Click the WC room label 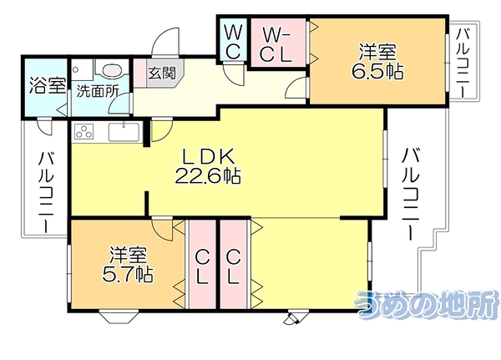click(x=233, y=42)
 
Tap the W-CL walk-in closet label click(x=276, y=44)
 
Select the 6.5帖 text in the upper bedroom click(x=377, y=72)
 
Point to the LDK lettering click(x=209, y=157)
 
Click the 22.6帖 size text click(x=208, y=175)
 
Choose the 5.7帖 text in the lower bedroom click(x=127, y=274)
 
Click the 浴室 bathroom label click(x=48, y=85)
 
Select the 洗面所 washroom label click(x=98, y=91)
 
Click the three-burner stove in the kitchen click(x=84, y=131)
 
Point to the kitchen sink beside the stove click(x=124, y=131)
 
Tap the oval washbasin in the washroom click(x=112, y=70)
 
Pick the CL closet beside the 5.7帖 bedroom click(x=202, y=265)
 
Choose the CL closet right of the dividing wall click(x=234, y=265)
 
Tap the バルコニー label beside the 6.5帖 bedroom click(x=463, y=63)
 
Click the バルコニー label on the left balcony click(x=46, y=193)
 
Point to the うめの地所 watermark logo click(x=428, y=305)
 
